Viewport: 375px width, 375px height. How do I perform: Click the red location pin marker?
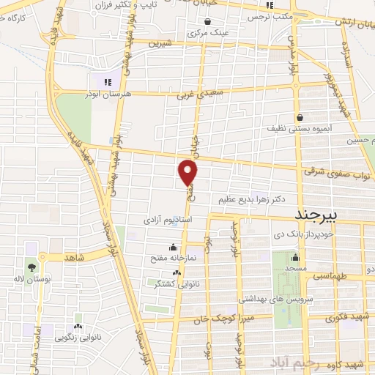pos(188,173)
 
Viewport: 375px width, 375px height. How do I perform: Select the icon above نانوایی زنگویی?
pos(78,326)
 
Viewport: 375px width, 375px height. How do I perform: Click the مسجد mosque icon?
pos(295,257)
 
